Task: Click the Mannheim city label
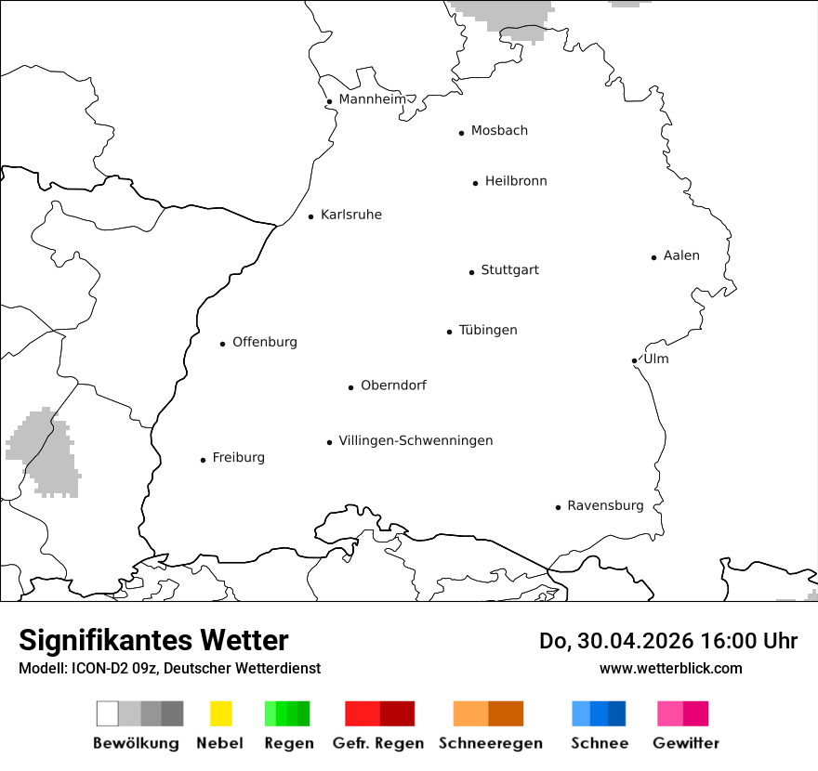[x=372, y=99]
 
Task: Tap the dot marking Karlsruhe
[x=311, y=216]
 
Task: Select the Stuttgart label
[x=509, y=270]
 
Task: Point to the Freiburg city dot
[x=203, y=460]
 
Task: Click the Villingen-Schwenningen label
[x=416, y=441]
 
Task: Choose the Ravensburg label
[x=605, y=506]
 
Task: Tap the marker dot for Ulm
[x=634, y=360]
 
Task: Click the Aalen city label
[x=681, y=255]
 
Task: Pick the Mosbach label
[x=499, y=131]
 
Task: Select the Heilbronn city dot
[x=475, y=183]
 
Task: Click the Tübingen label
[x=488, y=331]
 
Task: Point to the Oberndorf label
[x=393, y=385]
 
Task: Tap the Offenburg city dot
[x=223, y=344]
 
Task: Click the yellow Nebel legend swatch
[x=220, y=713]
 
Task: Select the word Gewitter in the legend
[x=686, y=743]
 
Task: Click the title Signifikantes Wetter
[x=153, y=640]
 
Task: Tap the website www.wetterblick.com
[x=670, y=668]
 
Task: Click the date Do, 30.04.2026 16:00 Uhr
[x=668, y=641]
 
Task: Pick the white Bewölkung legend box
[x=108, y=713]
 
